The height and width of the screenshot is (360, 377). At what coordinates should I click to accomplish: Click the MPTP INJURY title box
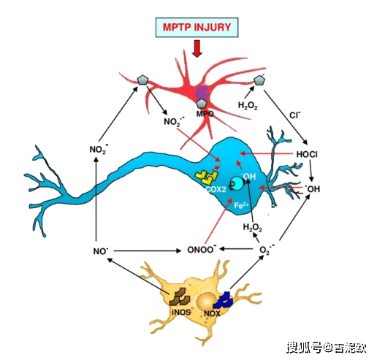[198, 27]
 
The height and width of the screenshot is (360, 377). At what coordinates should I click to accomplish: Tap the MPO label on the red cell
[204, 115]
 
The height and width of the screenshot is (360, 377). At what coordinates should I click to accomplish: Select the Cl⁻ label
[295, 115]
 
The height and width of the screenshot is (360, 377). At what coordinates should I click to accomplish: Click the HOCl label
[307, 154]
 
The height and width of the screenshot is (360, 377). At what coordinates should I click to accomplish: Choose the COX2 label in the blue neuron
[216, 189]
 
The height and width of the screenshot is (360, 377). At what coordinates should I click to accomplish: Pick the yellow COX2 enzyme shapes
[208, 177]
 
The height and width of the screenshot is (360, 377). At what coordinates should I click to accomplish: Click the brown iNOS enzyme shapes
[179, 297]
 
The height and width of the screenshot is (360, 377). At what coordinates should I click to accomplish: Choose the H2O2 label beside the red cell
[248, 105]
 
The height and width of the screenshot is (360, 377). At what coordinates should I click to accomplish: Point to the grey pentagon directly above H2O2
[258, 79]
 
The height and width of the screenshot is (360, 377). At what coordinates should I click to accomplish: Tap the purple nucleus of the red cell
[202, 93]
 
